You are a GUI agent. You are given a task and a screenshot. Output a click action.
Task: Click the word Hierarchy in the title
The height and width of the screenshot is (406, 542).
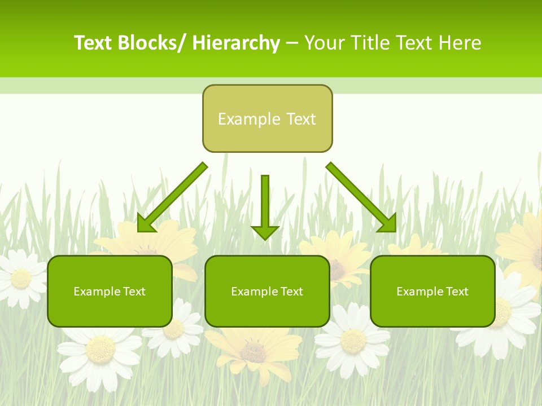click(236, 43)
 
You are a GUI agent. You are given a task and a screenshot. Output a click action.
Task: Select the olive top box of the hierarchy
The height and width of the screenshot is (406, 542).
click(267, 118)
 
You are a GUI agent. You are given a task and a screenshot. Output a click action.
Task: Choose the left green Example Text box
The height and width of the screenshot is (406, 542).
click(110, 291)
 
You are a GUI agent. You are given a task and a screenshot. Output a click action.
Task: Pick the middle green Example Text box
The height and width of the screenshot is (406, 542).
click(267, 291)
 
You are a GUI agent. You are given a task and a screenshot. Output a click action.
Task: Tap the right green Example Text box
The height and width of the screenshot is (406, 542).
click(432, 291)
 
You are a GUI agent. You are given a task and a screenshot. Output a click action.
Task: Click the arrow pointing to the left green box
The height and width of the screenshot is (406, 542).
click(172, 197)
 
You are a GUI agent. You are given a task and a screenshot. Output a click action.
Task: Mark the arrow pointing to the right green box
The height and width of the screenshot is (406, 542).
click(361, 197)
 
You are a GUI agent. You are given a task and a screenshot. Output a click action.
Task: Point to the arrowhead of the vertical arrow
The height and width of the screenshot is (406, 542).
click(265, 232)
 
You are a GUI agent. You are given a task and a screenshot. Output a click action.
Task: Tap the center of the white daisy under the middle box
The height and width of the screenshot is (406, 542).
click(353, 341)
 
